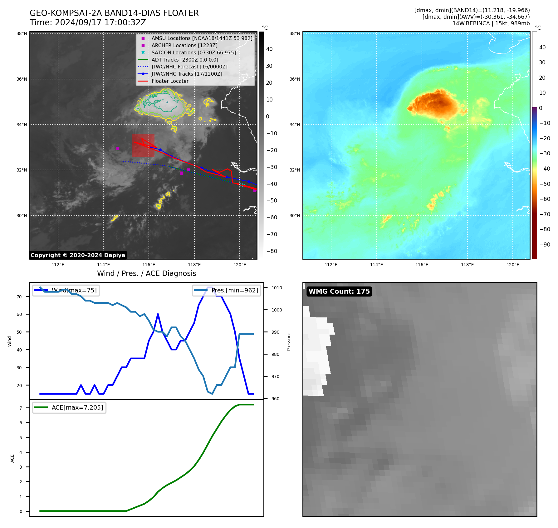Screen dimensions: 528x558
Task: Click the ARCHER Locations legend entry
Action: click(x=184, y=45)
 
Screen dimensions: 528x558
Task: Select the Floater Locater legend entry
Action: click(x=170, y=81)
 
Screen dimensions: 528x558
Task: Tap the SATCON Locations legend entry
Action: click(x=193, y=52)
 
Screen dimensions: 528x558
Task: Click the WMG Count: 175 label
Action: click(x=339, y=291)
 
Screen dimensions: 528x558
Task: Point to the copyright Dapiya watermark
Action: click(x=78, y=255)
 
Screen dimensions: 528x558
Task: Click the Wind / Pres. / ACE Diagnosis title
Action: click(x=146, y=273)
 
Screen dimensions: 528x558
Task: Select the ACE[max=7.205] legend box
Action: click(x=69, y=407)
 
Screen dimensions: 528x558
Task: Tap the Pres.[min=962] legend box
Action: click(x=227, y=290)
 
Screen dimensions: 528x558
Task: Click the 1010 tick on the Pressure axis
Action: click(x=277, y=288)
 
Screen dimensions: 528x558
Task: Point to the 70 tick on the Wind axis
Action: click(x=19, y=297)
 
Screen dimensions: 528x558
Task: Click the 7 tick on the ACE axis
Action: click(x=21, y=408)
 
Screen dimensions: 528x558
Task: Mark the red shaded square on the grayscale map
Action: click(x=143, y=145)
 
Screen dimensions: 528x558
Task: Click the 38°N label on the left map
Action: click(x=22, y=34)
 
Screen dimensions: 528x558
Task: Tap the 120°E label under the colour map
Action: click(x=513, y=265)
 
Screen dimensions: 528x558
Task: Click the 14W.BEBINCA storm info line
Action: click(x=491, y=23)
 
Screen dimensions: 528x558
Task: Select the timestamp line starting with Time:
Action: click(x=88, y=23)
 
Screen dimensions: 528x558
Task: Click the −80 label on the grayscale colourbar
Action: click(x=272, y=251)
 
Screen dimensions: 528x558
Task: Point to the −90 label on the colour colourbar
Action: click(x=545, y=245)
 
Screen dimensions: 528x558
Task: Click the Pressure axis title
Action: click(x=289, y=341)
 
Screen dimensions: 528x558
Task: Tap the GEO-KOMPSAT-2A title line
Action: click(x=114, y=13)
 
